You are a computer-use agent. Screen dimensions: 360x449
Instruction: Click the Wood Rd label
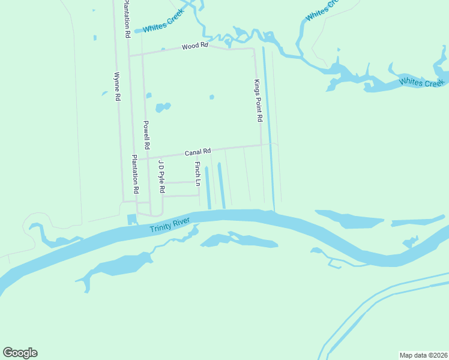194,46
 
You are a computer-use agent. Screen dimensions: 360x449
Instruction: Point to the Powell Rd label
146,135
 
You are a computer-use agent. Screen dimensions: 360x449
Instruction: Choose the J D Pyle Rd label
161,176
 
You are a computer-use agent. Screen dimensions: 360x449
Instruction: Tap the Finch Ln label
197,173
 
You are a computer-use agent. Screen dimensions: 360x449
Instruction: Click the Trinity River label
170,226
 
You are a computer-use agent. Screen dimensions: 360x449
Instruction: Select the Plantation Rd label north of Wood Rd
127,19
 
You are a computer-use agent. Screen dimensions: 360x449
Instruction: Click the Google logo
20,353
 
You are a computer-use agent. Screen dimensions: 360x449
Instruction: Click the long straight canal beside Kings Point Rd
268,132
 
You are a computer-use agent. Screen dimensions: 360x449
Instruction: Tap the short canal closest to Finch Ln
208,188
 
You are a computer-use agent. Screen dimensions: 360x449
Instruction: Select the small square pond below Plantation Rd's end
131,218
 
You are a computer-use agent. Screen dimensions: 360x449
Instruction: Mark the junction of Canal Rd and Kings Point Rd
261,145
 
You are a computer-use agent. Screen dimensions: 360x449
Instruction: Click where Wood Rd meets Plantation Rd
130,55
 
